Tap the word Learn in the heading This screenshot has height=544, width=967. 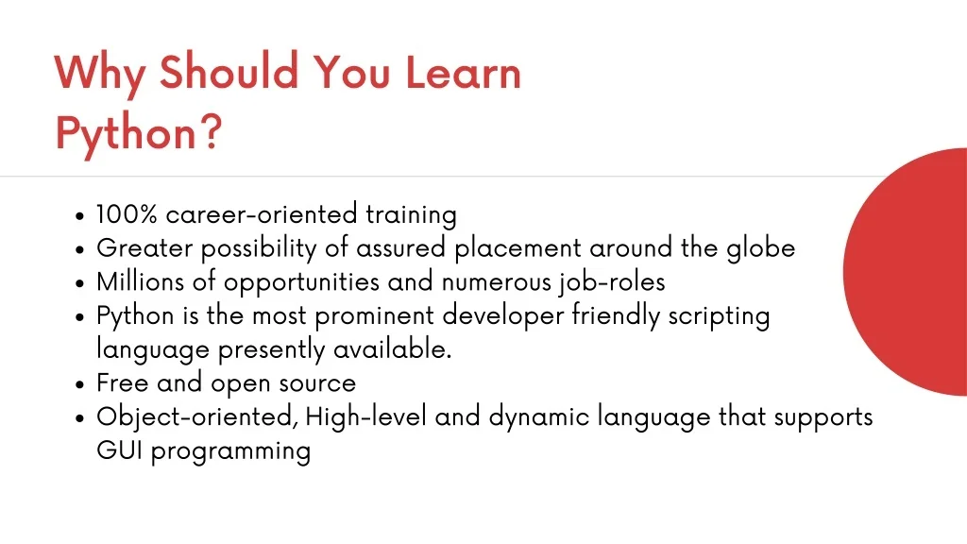tap(463, 72)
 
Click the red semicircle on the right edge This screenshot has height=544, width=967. tap(906, 271)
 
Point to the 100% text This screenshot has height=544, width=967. tap(127, 214)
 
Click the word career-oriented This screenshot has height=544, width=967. tap(262, 214)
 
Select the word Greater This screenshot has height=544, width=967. tap(144, 248)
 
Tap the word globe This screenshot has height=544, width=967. tap(761, 248)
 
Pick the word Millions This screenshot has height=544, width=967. tap(140, 281)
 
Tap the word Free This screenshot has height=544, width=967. tap(123, 383)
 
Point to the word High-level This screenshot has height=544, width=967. tap(365, 416)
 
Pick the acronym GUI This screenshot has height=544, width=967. tap(120, 450)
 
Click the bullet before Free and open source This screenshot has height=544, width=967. tap(79, 384)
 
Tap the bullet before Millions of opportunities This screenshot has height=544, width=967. tap(79, 283)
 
